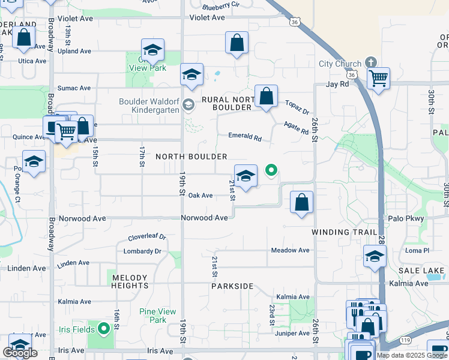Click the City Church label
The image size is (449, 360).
click(340, 64)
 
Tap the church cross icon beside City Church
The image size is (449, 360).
click(371, 62)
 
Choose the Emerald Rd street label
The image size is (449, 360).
click(244, 137)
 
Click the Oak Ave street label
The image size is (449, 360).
click(200, 196)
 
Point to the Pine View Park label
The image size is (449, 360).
click(157, 316)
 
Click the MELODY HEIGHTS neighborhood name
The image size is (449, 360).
click(130, 281)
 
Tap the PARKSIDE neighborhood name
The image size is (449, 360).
click(232, 286)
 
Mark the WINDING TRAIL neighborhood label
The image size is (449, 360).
click(344, 232)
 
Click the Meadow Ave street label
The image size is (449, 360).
click(290, 250)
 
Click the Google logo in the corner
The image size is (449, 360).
click(20, 353)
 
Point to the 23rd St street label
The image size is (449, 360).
click(272, 314)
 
